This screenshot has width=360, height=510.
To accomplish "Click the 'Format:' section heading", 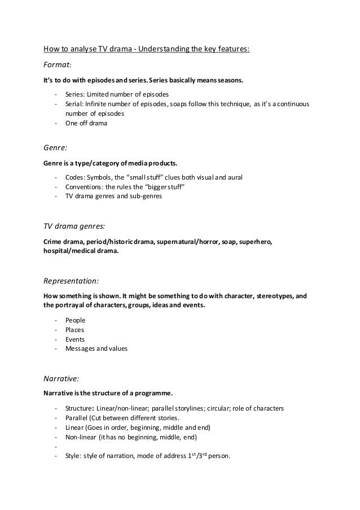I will coord(59,65).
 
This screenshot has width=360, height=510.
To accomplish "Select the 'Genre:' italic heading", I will coord(55,149).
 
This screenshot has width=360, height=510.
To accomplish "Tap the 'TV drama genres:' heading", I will coord(74,226).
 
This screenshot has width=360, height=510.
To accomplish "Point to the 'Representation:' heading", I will coord(72,280).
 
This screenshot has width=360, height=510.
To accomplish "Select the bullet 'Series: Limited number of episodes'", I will coord(117,94).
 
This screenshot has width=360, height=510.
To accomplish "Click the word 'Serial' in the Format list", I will coord(74,104).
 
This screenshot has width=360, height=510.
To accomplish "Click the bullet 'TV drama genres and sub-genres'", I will coord(113,197).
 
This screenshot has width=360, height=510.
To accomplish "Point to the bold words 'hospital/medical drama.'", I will coord(81,252).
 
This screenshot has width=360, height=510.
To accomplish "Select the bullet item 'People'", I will coord(75,320).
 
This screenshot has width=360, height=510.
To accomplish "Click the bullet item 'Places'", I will coord(75,329).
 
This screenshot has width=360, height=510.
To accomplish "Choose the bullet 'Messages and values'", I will coord(96,349).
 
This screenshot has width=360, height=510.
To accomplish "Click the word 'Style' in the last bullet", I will coord(73,457).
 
